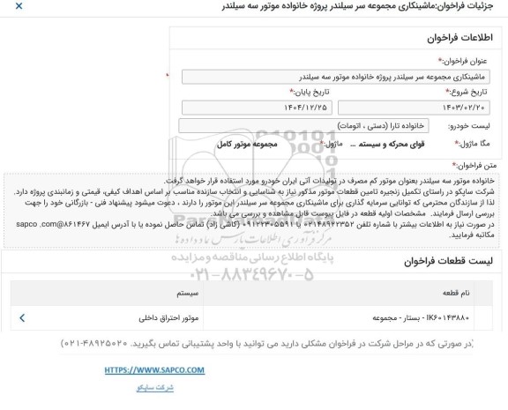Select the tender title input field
pyautogui.click(x=344, y=77)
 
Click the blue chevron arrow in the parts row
pyautogui.click(x=21, y=313)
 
